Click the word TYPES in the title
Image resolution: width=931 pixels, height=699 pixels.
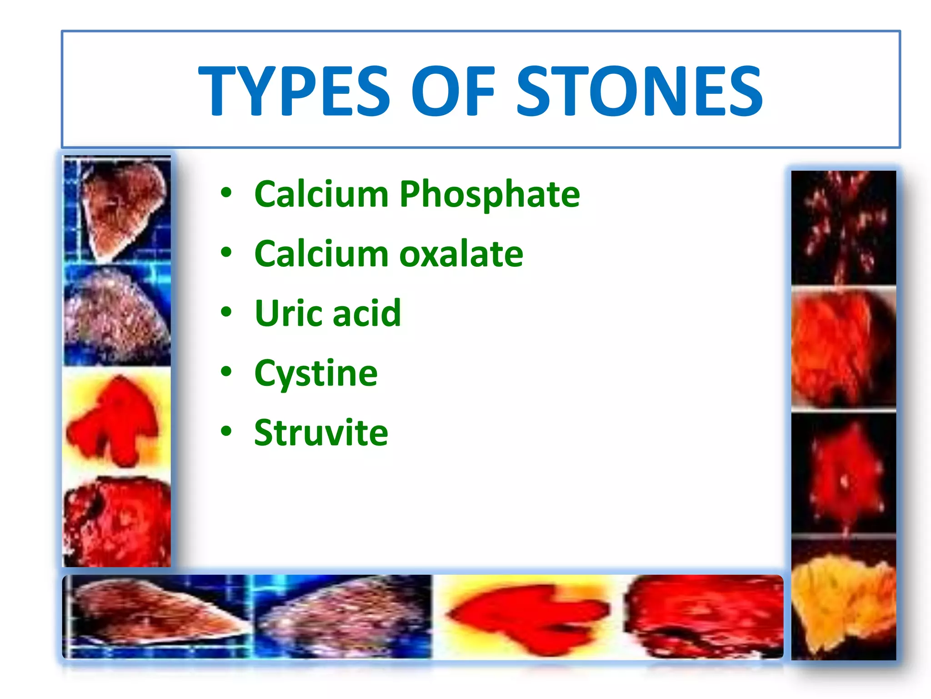295,91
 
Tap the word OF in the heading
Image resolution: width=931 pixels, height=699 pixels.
453,91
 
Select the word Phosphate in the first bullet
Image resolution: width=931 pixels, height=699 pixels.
489,195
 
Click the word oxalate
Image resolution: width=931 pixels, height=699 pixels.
461,254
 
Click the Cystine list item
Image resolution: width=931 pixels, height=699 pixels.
316,373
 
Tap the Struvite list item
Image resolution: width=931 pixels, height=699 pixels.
321,433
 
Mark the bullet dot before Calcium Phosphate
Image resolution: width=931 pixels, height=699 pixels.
226,192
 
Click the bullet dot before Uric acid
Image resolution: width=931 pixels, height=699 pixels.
226,312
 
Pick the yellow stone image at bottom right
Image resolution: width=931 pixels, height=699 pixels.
843,601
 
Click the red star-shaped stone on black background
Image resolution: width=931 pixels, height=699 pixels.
843,476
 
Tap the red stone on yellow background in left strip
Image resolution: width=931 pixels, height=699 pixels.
116,421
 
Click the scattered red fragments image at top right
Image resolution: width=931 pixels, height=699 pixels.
843,228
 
